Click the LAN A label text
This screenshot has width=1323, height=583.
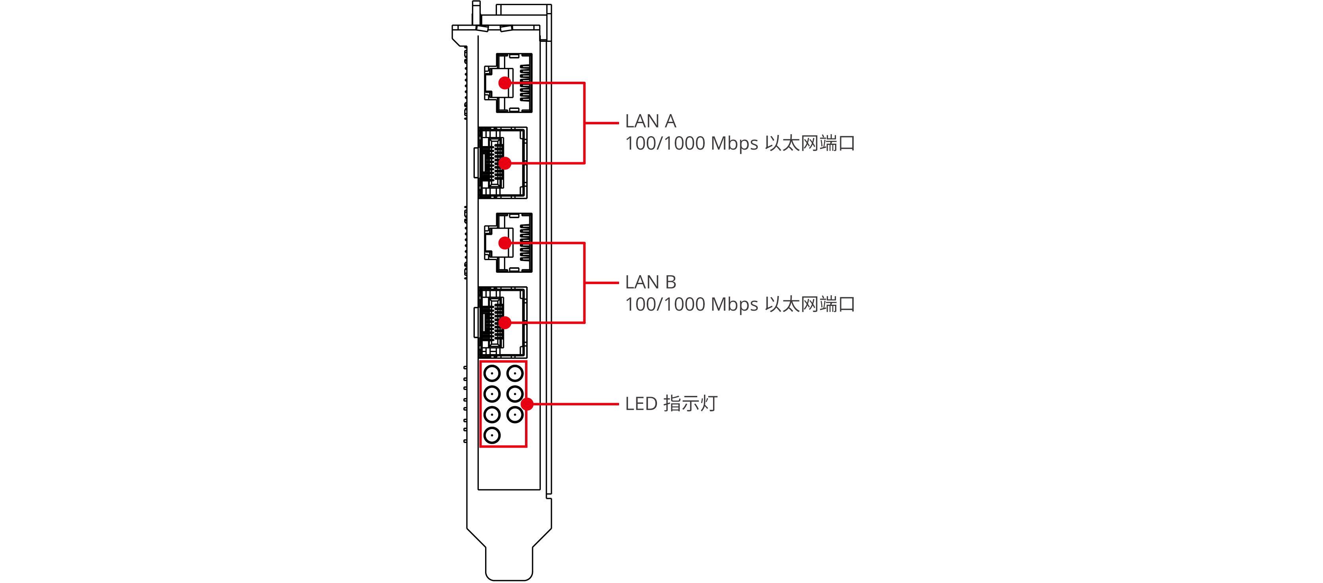[x=650, y=121]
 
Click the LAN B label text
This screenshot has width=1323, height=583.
[x=650, y=282]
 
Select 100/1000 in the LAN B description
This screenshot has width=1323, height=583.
[x=665, y=305]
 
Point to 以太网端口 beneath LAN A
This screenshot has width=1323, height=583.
[x=809, y=144]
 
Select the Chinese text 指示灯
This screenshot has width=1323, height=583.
[x=690, y=404]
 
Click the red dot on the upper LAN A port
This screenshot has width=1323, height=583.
[x=505, y=82]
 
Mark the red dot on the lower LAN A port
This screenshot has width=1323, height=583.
[x=505, y=163]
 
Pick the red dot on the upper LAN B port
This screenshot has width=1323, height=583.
[x=505, y=243]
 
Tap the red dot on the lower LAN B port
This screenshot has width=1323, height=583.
[x=505, y=323]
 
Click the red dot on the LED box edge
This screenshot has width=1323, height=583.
[x=527, y=405]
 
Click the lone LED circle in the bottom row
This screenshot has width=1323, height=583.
[x=492, y=435]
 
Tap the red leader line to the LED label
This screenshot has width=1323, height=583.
[x=575, y=405]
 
